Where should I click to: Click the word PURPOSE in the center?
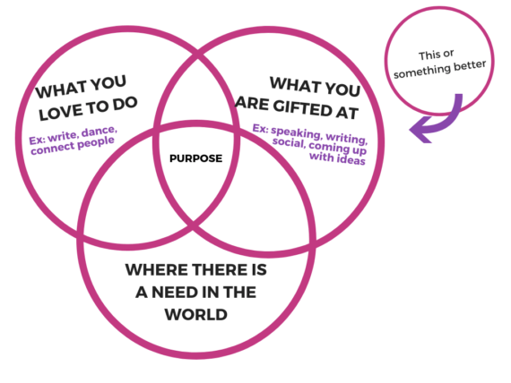pos(195,158)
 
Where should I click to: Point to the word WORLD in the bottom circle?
pos(195,315)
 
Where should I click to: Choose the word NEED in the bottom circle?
pos(173,293)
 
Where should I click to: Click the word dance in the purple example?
pos(99,132)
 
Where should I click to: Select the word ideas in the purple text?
pos(351,160)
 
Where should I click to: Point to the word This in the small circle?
pos(427,56)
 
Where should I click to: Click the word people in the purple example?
pos(96,143)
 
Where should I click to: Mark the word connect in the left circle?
pos(53,149)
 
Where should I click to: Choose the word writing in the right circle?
pos(347,139)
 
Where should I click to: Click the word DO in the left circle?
pos(125,104)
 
